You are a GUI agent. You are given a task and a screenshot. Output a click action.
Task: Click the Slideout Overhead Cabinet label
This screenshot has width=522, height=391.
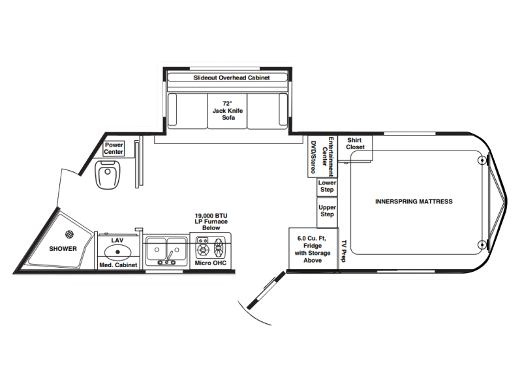point(232,78)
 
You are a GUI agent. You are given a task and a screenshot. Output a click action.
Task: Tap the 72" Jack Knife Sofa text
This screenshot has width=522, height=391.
point(228,110)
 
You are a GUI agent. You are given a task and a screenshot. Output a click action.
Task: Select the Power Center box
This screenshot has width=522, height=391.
point(114,149)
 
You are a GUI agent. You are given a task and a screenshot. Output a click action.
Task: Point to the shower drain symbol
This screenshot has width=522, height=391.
point(70,234)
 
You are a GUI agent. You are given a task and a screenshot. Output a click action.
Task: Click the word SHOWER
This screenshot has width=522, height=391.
point(63,249)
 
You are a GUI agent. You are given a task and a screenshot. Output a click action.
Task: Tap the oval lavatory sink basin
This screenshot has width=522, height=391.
point(117,252)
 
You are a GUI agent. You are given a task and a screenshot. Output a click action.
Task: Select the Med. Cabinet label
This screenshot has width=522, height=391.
point(118,265)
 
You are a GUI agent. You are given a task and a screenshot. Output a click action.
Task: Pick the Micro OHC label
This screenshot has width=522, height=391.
point(210,263)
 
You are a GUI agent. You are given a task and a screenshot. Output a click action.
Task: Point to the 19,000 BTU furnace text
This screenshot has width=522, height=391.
point(211,222)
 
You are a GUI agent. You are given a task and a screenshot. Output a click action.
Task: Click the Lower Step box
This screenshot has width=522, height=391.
point(327,186)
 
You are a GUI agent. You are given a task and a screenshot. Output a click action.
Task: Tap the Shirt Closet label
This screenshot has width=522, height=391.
point(355,143)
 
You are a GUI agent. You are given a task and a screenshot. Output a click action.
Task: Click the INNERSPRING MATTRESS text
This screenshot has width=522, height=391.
point(414,201)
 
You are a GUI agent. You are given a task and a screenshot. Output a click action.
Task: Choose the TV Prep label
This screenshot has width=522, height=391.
point(344,251)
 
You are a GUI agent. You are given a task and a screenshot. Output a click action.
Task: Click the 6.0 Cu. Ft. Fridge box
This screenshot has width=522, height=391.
point(313,248)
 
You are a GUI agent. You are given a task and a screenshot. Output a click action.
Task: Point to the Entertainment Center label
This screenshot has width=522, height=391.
point(328,156)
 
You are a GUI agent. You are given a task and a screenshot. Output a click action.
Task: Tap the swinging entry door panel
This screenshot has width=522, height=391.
point(266,290)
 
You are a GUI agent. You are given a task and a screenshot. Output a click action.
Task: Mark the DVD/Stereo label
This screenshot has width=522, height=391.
point(313,156)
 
